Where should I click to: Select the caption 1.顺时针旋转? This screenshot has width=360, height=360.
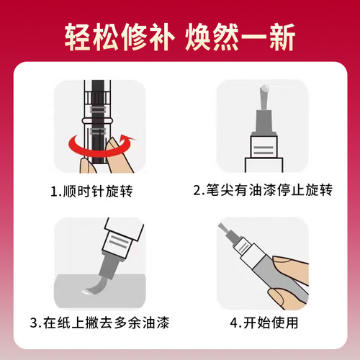tap(91, 192)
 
